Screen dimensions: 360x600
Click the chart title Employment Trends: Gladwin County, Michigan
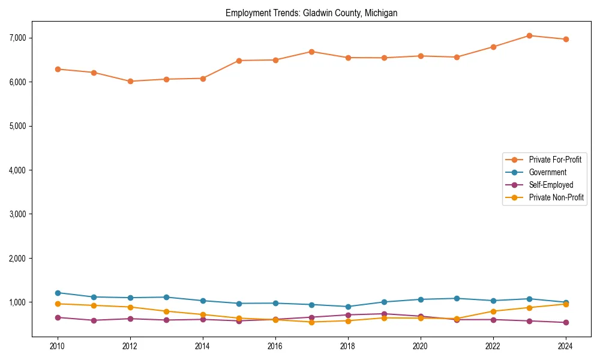click(311, 13)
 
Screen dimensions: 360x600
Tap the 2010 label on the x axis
click(58, 346)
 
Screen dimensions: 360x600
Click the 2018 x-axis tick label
click(347, 346)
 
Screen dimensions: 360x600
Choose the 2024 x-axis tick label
click(565, 346)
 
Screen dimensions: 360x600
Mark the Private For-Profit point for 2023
click(529, 35)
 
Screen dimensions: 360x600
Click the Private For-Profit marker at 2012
click(130, 81)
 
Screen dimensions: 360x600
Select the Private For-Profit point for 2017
click(311, 52)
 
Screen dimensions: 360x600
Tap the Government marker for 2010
click(58, 293)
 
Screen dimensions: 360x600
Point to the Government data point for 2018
click(347, 307)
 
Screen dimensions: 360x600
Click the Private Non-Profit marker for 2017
click(311, 322)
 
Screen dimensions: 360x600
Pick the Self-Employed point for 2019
click(384, 314)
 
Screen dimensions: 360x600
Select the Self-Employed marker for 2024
click(565, 323)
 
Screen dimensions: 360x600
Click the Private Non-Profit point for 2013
click(166, 311)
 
